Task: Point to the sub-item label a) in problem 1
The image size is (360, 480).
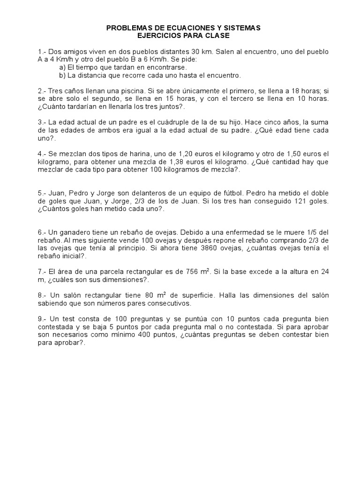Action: coord(59,67)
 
